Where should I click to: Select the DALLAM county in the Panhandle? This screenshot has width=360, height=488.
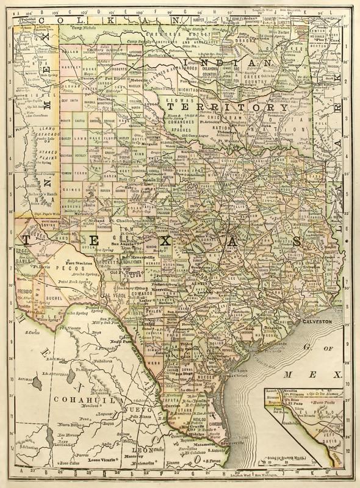pyautogui.click(x=69, y=52)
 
